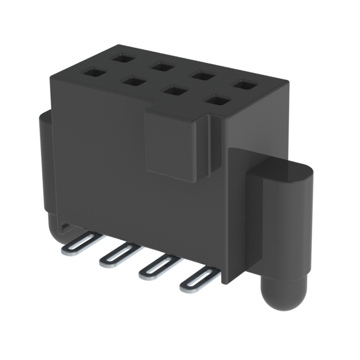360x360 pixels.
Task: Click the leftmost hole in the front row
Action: (91, 73)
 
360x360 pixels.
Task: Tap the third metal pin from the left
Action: (158, 267)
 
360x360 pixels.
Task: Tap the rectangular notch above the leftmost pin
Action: (66, 228)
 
